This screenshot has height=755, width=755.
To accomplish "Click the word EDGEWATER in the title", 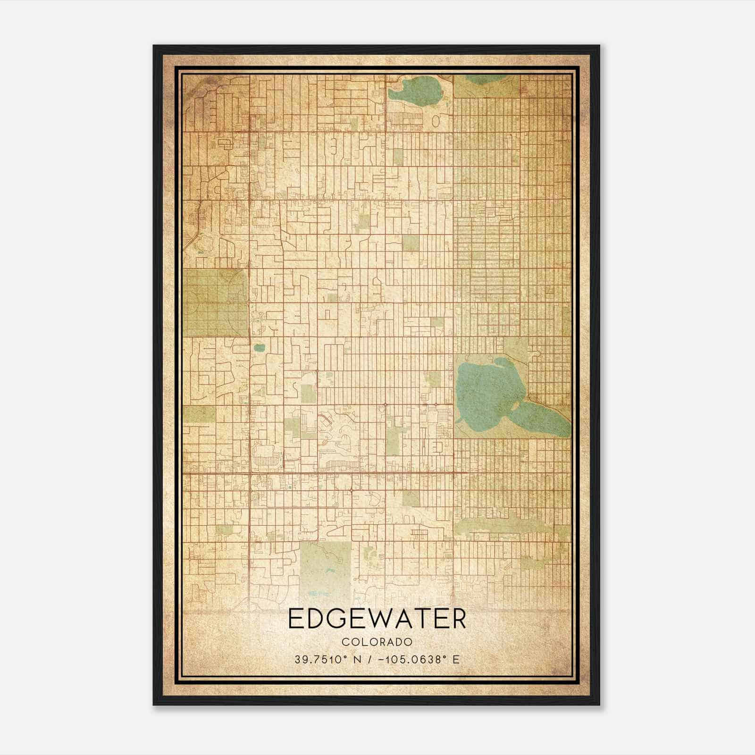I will pos(377,620).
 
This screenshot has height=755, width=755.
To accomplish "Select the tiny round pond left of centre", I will pos(259,348).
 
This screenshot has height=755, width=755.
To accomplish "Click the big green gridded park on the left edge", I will pos(215,302).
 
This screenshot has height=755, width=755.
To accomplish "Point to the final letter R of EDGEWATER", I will pos(458,620).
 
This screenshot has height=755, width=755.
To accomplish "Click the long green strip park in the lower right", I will pos(510,526).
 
